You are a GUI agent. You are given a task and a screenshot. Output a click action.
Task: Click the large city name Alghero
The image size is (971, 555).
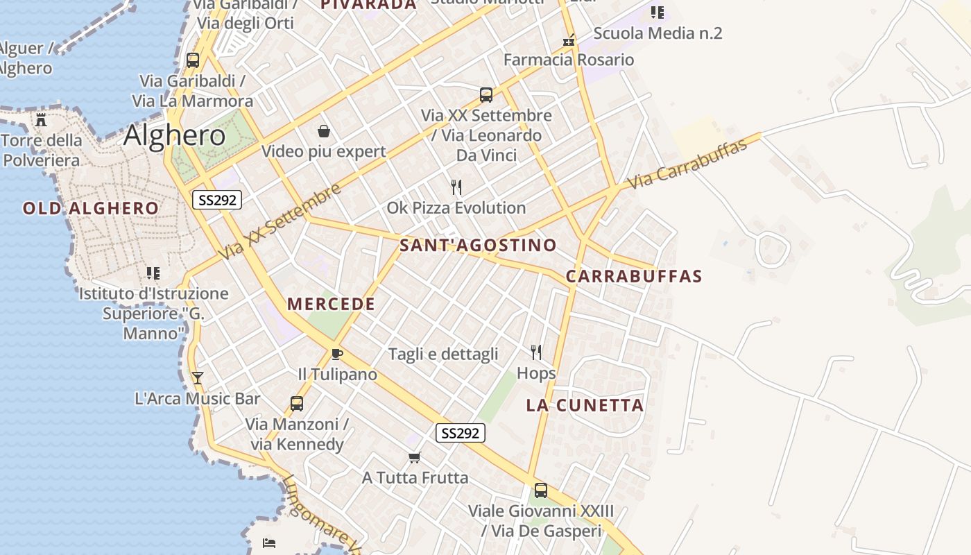coord(175,135)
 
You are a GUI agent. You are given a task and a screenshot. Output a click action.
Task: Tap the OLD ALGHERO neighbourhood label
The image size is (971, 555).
coord(91,208)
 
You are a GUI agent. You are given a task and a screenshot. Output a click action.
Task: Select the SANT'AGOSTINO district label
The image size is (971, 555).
coord(478,245)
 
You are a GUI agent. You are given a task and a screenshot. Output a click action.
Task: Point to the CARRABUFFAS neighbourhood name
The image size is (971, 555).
coord(634,276)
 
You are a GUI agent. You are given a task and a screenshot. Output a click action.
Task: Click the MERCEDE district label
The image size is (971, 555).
coord(331,304)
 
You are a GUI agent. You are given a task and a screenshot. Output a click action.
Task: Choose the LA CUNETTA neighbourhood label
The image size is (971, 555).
coord(585,405)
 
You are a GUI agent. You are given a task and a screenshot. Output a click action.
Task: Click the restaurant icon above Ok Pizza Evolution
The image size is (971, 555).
coord(456,187)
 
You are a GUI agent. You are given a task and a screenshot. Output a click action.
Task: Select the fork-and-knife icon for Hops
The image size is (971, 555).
coord(536,352)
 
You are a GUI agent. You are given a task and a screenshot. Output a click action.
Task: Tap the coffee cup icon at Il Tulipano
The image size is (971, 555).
coord(337,355)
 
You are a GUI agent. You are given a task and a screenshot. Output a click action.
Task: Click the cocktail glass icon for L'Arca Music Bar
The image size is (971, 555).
coord(198,378)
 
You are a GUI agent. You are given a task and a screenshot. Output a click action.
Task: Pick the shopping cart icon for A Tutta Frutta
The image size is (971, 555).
coord(415,457)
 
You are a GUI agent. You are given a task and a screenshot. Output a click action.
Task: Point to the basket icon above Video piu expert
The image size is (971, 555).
coord(324,131)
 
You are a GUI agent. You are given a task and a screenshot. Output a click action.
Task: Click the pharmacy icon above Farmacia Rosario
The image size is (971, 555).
coord(569,40)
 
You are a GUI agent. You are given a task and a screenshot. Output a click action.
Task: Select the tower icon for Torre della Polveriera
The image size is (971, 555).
coord(41,119)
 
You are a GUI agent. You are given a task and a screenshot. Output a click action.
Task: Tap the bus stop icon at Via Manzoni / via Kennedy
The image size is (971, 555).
coord(297,404)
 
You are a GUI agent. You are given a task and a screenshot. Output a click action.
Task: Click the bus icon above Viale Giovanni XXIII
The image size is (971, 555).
coord(541,490)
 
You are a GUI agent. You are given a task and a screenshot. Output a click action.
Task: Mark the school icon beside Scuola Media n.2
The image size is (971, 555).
coord(658,12)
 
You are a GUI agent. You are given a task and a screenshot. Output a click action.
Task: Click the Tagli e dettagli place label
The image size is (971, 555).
coord(443,354)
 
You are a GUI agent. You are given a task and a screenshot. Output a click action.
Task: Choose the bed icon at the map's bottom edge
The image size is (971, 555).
coord(269,543)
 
